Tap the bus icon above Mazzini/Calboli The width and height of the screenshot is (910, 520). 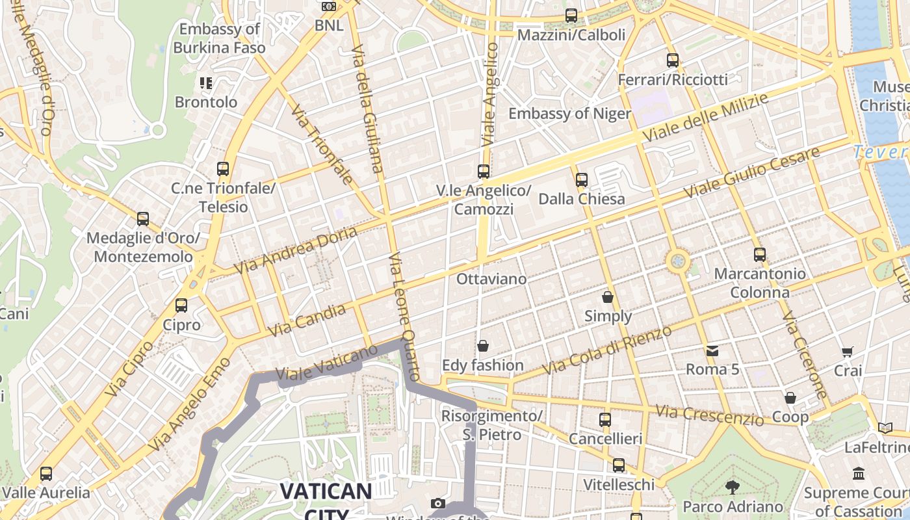click(x=571, y=16)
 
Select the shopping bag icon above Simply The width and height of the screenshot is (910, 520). click(x=608, y=297)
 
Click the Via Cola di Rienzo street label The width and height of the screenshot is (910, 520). click(x=607, y=350)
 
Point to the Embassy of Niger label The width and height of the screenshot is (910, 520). click(x=569, y=114)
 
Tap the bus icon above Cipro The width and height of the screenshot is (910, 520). click(x=181, y=305)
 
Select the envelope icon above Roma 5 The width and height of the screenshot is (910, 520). click(x=712, y=351)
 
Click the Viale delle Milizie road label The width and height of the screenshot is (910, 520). click(x=705, y=118)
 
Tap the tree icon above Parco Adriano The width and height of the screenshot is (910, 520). click(x=733, y=487)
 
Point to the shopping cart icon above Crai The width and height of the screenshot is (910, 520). click(x=848, y=352)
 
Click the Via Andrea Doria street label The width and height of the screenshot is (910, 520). click(x=296, y=250)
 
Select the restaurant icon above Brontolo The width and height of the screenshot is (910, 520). click(x=206, y=83)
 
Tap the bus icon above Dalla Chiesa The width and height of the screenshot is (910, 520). click(x=582, y=180)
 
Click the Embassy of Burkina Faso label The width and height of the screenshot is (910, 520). click(x=219, y=38)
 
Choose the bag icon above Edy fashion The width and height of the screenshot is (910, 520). click(x=483, y=346)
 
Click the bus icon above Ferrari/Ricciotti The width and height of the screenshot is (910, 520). click(x=673, y=60)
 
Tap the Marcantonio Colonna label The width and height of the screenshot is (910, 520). click(x=760, y=283)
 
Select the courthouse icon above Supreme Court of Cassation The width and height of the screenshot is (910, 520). click(x=859, y=473)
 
